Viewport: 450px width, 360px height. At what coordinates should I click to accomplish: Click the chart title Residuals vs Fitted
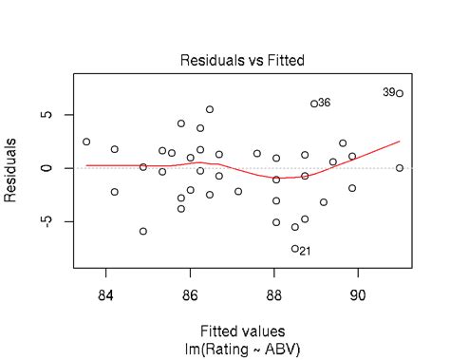tap(242, 61)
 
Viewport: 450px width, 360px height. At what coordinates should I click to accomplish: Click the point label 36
tap(325, 103)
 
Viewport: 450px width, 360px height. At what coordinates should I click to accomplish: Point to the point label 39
tap(389, 92)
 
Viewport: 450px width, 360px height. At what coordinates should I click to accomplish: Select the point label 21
tap(305, 251)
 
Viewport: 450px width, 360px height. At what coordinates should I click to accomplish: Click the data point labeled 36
tap(314, 104)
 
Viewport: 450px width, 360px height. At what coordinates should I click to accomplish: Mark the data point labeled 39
tap(400, 93)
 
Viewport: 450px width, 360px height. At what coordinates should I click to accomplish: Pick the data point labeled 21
tap(295, 249)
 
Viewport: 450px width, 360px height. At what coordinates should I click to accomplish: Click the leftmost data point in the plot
tap(86, 142)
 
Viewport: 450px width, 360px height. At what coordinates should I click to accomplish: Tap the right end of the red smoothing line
tap(400, 142)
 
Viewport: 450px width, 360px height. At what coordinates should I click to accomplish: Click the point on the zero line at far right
tap(400, 168)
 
